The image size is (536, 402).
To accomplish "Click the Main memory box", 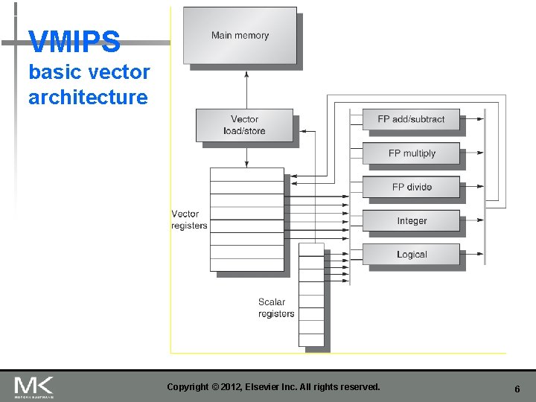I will (240, 35).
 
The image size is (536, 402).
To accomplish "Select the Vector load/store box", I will (244, 125).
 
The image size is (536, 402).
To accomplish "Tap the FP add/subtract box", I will (411, 119).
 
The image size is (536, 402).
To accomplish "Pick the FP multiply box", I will (411, 153).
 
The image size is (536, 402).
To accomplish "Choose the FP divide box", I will (411, 187).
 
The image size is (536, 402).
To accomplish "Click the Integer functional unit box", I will (411, 221).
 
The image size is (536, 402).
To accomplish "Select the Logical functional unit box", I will (411, 255).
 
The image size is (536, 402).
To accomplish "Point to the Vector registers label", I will (189, 220).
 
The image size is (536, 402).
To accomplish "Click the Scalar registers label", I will (275, 307).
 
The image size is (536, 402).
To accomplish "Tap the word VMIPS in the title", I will (74, 42).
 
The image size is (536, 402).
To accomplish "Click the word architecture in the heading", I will (88, 97).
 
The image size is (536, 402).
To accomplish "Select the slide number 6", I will (517, 389).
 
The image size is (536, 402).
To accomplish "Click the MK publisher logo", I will (33, 386).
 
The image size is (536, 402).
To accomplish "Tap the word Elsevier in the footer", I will (275, 387).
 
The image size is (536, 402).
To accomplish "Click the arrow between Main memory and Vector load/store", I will (246, 87).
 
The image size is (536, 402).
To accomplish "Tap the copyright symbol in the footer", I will (216, 387).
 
